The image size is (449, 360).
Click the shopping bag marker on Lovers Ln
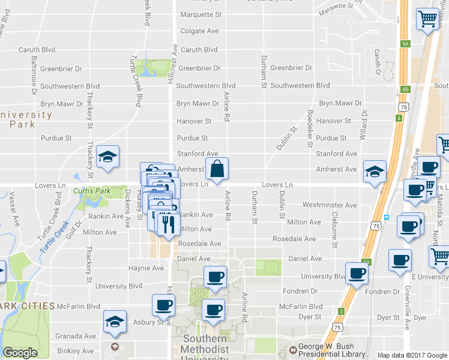coord(217,170)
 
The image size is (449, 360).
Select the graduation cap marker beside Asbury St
coord(115,322)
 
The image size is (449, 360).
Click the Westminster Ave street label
coord(330,205)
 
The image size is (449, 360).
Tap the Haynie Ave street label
coord(146,268)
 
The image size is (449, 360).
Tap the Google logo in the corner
coord(20,352)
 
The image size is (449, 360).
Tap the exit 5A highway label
coord(405,44)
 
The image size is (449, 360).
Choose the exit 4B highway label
coord(405,89)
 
